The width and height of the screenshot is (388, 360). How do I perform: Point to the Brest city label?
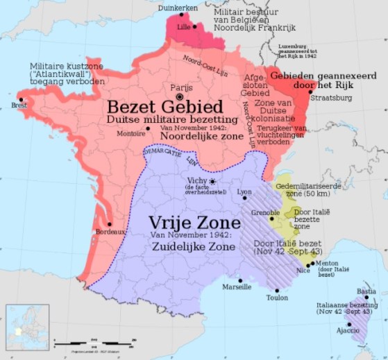tap(19, 105)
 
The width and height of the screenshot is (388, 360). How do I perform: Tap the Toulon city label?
tap(276, 298)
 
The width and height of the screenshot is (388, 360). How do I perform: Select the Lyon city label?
tap(244, 191)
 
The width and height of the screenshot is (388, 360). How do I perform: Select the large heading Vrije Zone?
tap(194, 223)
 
